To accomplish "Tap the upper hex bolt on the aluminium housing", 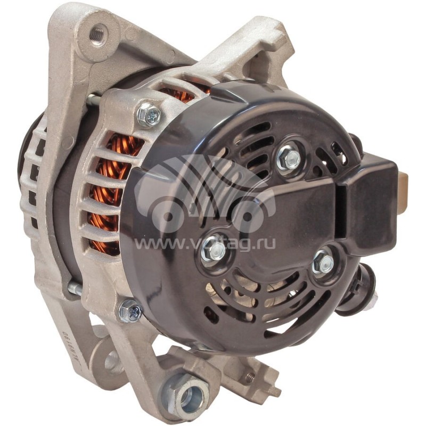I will [148, 114].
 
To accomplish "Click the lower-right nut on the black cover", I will [323, 262].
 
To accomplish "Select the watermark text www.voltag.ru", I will [205, 244].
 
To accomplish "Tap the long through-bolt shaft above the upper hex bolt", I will [94, 99].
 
